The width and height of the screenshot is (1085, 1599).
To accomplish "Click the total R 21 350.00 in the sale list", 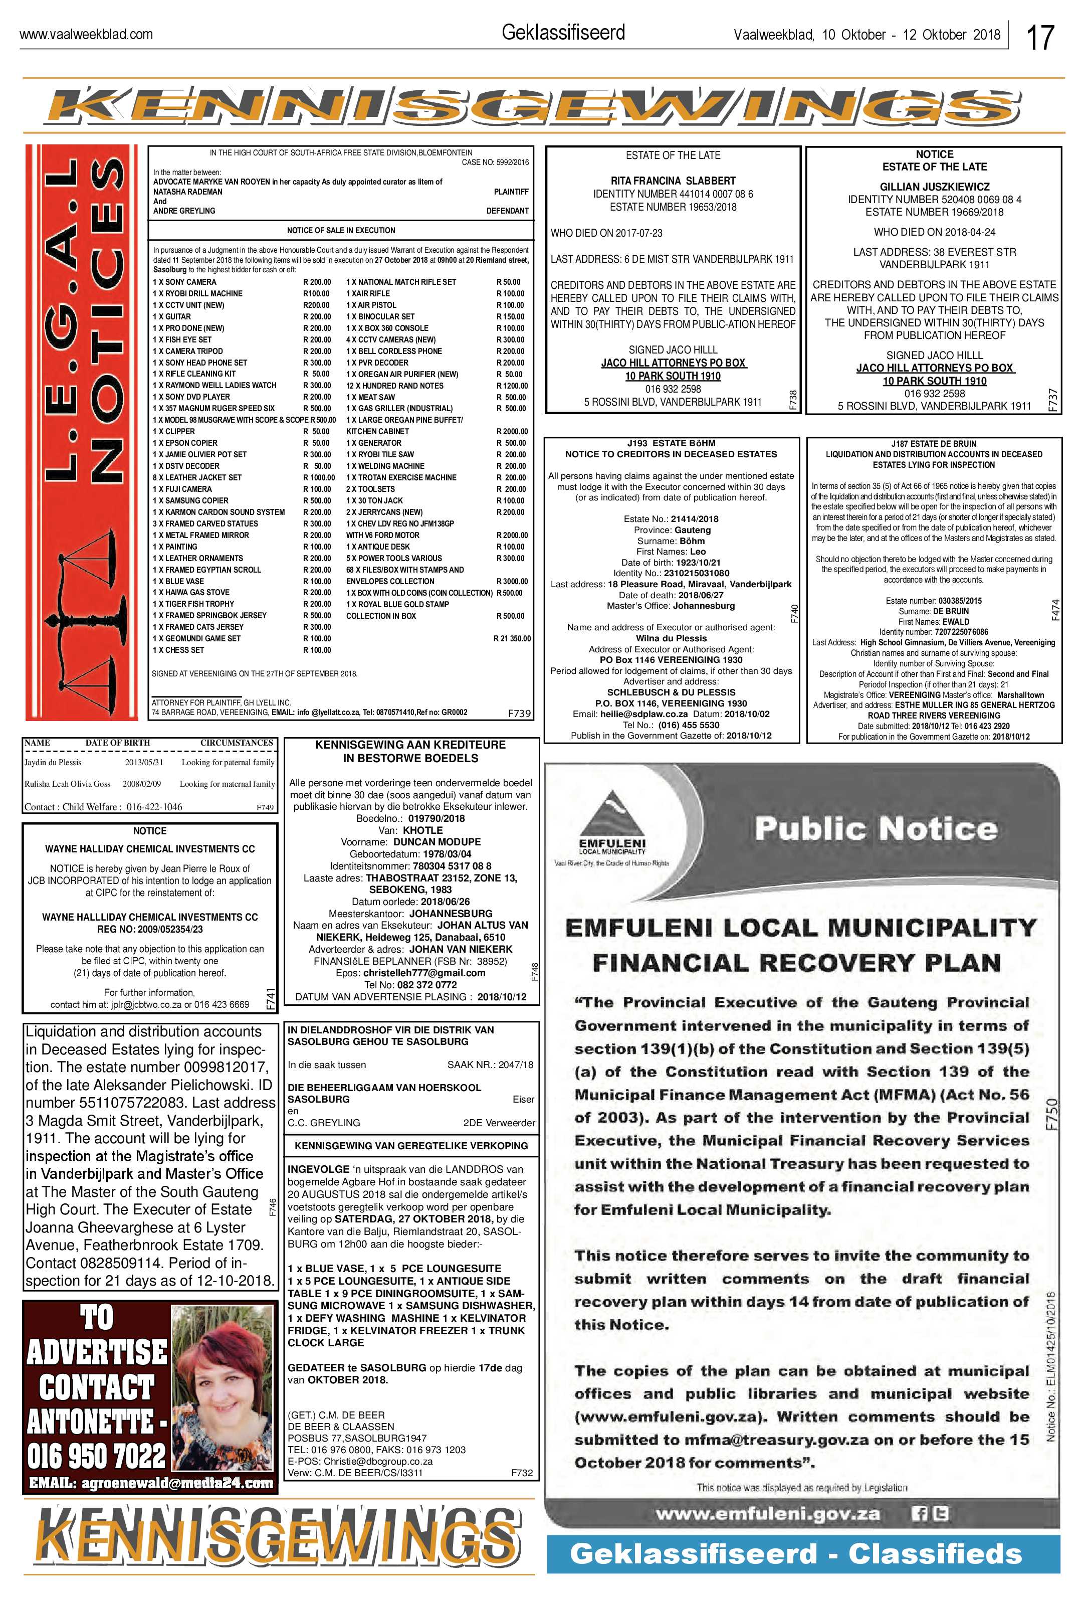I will [512, 638].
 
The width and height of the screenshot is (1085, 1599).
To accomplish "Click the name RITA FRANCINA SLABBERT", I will [673, 181].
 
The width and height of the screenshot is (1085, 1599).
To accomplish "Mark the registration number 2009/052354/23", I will [150, 929].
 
